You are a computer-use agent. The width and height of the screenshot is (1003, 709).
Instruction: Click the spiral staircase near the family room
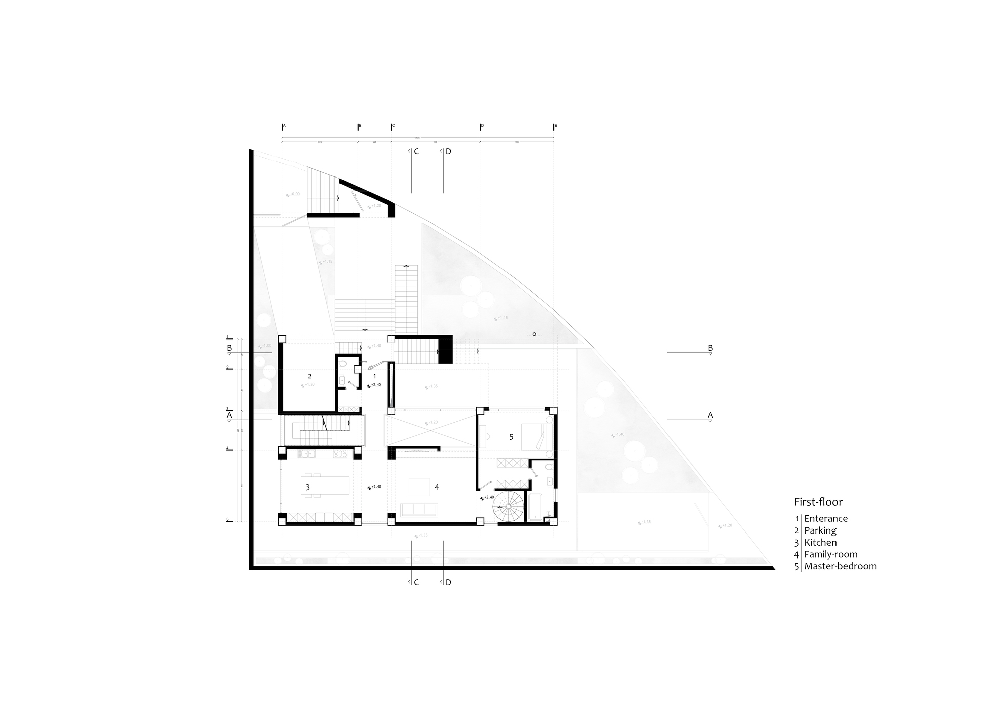[509, 506]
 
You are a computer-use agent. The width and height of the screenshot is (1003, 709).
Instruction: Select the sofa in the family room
[419, 510]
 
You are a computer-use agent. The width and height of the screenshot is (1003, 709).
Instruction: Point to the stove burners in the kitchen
[341, 454]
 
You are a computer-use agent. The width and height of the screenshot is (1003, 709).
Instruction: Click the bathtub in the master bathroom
[534, 507]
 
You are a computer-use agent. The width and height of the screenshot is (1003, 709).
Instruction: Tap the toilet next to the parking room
[343, 363]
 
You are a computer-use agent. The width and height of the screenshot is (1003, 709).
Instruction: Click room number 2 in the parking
[309, 376]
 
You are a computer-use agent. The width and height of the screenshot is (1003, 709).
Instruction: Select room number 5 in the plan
[511, 437]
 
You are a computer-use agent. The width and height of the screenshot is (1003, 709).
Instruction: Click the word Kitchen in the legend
[820, 542]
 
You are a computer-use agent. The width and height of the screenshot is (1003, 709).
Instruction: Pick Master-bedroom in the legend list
[841, 566]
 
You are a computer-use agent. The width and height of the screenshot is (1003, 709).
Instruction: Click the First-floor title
[818, 502]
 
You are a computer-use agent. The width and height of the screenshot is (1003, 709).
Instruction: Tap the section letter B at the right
[710, 348]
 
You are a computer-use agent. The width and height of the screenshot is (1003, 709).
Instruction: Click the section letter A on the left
[229, 415]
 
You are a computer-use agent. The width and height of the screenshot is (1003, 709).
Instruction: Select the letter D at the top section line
[448, 151]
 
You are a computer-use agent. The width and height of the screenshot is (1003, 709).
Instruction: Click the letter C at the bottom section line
[416, 582]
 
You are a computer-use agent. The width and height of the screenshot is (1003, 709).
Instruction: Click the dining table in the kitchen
[325, 486]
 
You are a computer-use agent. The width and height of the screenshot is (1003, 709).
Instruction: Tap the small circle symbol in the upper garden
[534, 334]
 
